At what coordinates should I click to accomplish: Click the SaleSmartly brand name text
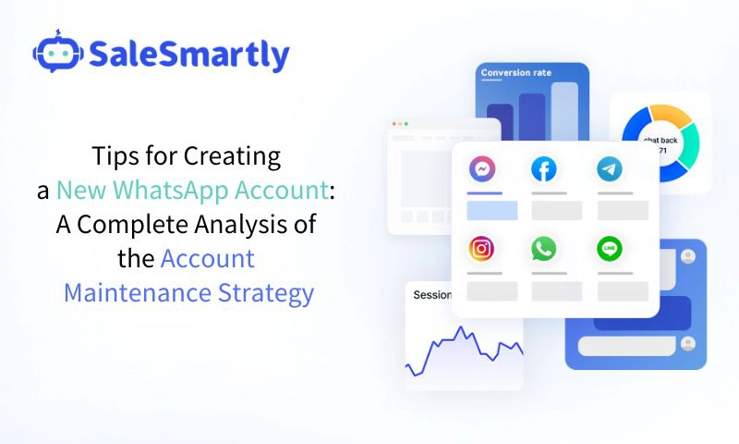tap(189, 55)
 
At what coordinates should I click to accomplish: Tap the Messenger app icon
tap(481, 169)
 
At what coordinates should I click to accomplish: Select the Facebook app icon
tap(544, 169)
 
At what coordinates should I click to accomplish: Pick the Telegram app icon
tap(609, 169)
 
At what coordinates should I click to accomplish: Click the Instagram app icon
tap(481, 249)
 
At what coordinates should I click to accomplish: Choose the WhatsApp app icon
tap(544, 249)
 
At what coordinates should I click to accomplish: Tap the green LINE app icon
tap(609, 249)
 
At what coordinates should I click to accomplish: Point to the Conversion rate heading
tap(516, 73)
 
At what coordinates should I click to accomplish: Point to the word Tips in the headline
tap(113, 156)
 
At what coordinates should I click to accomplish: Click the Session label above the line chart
tap(431, 296)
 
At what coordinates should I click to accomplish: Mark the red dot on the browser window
tap(394, 123)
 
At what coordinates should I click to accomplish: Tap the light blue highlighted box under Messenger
tap(491, 210)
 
